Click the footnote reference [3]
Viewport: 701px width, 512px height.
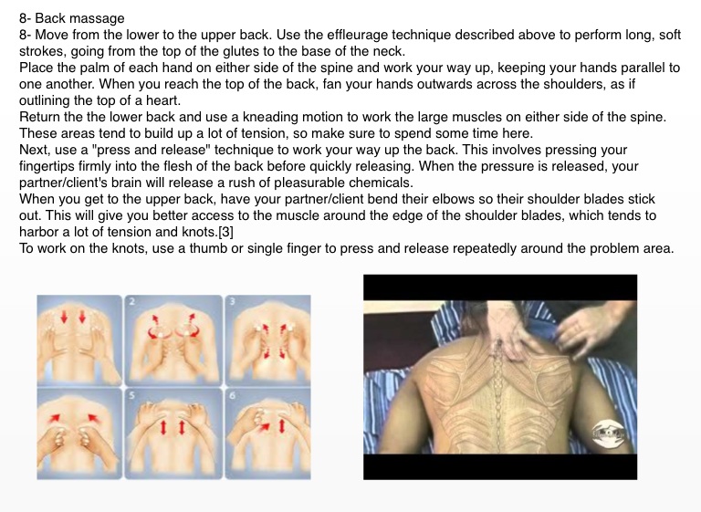tap(225, 232)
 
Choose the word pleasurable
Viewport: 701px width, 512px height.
tap(309, 183)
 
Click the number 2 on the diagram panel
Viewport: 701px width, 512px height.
tap(131, 301)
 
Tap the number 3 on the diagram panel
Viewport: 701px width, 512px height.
tap(233, 301)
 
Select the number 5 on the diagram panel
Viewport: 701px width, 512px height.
tap(131, 395)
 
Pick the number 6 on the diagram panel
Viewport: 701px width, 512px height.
tap(233, 395)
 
